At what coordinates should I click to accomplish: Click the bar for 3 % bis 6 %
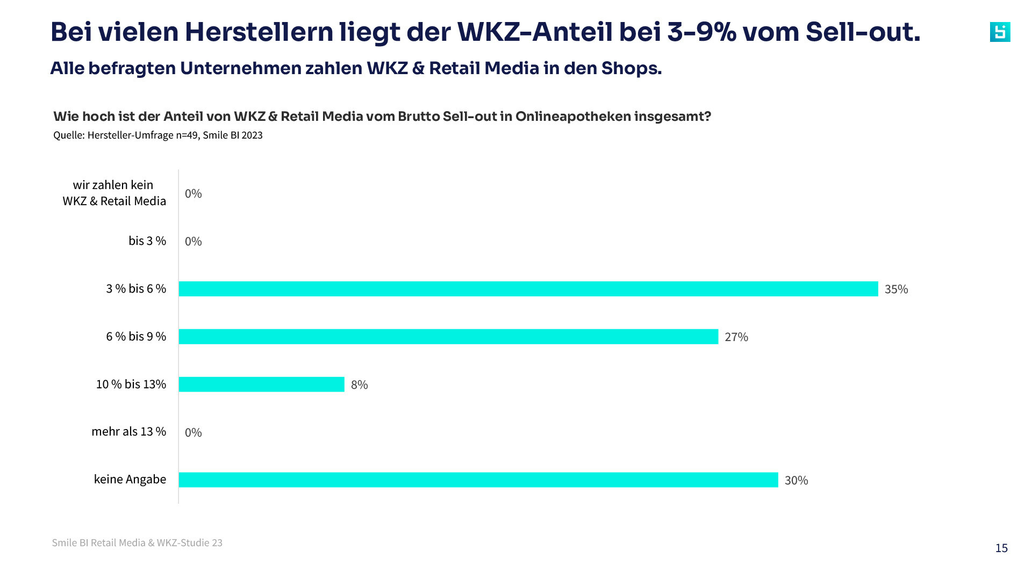528,289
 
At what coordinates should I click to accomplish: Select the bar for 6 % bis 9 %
448,337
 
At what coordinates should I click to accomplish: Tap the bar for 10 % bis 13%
261,385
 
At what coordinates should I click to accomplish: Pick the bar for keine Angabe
478,480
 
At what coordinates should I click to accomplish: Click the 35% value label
896,289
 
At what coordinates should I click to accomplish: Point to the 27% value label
736,337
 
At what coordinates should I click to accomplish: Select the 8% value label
359,385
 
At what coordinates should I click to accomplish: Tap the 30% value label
796,481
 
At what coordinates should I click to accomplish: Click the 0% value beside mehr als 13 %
193,433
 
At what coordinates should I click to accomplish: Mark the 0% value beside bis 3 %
193,242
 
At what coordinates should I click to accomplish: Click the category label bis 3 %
147,241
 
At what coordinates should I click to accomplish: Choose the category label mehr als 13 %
128,432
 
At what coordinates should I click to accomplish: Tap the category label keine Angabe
130,480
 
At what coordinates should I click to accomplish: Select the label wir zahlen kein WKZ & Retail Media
114,193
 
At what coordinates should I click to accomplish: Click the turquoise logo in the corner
1000,32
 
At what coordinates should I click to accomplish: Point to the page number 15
1001,548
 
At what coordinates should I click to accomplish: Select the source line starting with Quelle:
157,135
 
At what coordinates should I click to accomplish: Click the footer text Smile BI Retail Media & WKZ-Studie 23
137,543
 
